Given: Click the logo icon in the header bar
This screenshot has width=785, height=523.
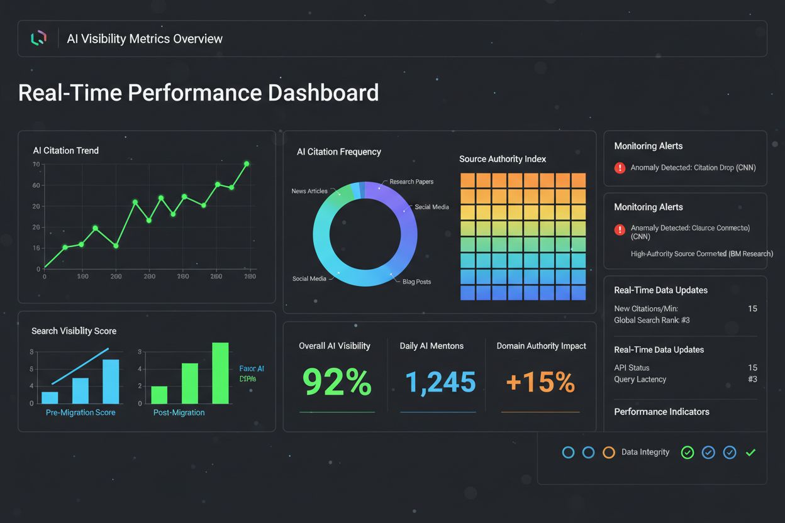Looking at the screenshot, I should (38, 38).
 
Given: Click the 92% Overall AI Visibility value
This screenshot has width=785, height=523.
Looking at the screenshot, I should (337, 382).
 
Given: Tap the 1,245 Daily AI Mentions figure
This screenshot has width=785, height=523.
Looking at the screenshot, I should (440, 382).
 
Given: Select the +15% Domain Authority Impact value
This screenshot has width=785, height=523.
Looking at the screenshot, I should (540, 382).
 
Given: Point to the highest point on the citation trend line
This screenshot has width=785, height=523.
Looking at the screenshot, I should (247, 163).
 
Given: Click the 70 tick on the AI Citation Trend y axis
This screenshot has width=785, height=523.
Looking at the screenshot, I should (36, 164).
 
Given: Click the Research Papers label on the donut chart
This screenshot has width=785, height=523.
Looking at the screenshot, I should (411, 182).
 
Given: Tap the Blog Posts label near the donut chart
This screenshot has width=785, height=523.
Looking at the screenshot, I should (416, 282).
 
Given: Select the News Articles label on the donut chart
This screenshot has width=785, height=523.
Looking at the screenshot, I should (309, 191).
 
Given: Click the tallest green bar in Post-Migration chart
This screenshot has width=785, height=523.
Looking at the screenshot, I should (220, 373).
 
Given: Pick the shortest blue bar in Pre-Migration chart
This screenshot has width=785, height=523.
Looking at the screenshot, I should (50, 397).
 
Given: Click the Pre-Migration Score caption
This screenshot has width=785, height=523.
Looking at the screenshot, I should (81, 412).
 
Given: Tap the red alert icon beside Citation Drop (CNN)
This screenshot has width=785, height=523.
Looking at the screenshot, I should (620, 168).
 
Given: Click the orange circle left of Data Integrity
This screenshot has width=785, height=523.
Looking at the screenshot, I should (608, 452).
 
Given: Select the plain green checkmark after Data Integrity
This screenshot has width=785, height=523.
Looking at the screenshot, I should (750, 452).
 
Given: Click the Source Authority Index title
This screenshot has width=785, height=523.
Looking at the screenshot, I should (503, 159).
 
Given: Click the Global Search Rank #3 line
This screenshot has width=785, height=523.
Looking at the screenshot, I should (652, 320).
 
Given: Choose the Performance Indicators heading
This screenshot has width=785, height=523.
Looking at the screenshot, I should (661, 412).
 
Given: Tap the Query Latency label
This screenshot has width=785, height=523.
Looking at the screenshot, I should (640, 379).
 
